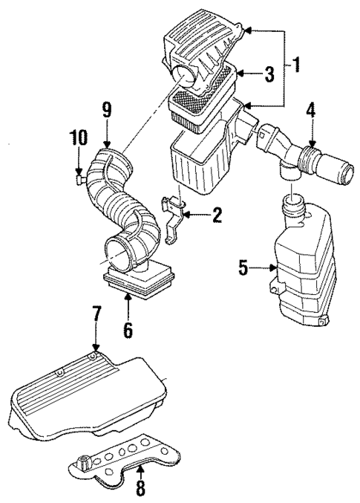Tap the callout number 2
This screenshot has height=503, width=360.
point(217,215)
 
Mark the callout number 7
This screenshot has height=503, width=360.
point(94,322)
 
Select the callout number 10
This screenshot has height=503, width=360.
point(78,138)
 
